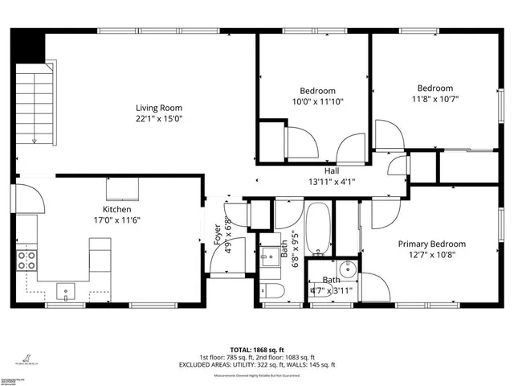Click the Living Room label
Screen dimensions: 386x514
pyautogui.click(x=158, y=108)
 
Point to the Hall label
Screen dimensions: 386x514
pyautogui.click(x=331, y=170)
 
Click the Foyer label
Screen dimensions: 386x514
pyautogui.click(x=218, y=233)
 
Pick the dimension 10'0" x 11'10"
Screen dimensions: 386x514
pyautogui.click(x=318, y=101)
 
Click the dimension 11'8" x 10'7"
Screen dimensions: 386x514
pyautogui.click(x=435, y=99)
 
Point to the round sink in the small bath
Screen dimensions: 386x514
pyautogui.click(x=349, y=269)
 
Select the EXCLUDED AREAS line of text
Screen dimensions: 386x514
pyautogui.click(x=257, y=365)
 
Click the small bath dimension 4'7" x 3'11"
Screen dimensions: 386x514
pyautogui.click(x=332, y=289)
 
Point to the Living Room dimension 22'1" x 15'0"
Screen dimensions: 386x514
pyautogui.click(x=158, y=118)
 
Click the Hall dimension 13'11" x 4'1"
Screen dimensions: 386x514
pyautogui.click(x=331, y=181)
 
